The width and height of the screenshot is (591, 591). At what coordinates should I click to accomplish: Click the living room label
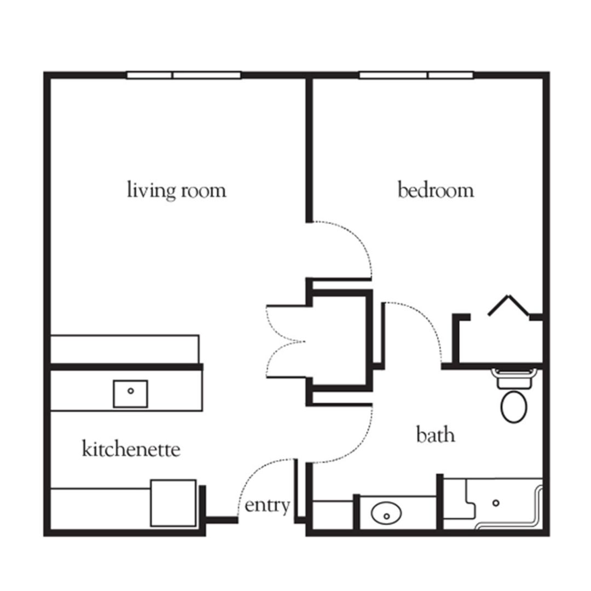pyautogui.click(x=176, y=191)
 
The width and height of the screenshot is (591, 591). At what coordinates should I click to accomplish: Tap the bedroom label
pyautogui.click(x=436, y=191)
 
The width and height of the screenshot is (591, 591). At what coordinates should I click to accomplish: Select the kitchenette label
pyautogui.click(x=131, y=450)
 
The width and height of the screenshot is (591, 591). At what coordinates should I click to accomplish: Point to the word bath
pyautogui.click(x=436, y=436)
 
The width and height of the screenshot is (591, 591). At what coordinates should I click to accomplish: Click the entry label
pyautogui.click(x=267, y=506)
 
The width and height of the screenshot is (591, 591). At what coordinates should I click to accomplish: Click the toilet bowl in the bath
pyautogui.click(x=514, y=406)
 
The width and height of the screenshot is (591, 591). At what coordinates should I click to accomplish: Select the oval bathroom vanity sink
pyautogui.click(x=386, y=514)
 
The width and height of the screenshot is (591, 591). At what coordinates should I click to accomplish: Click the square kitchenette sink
pyautogui.click(x=130, y=393)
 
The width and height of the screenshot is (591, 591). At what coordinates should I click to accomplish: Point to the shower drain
pyautogui.click(x=496, y=502)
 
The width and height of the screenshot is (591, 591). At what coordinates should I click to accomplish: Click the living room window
pyautogui.click(x=184, y=75)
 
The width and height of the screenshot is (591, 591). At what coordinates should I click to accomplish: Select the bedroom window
pyautogui.click(x=416, y=75)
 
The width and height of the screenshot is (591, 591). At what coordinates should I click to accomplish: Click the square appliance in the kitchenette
pyautogui.click(x=173, y=503)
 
